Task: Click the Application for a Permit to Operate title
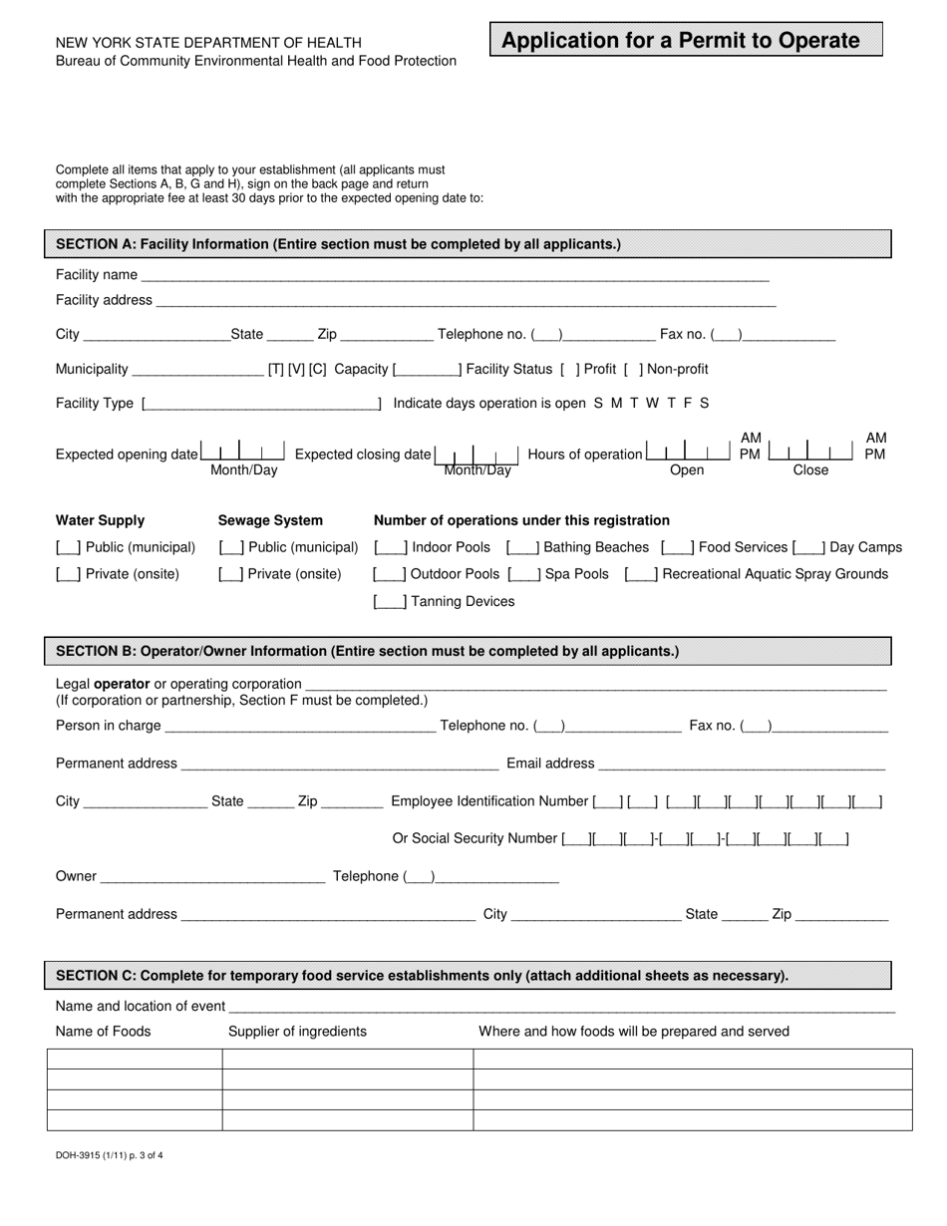point(681,41)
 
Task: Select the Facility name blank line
point(455,275)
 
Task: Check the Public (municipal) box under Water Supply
point(69,547)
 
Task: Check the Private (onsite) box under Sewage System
point(231,574)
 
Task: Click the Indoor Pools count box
point(390,547)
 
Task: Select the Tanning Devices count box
point(390,602)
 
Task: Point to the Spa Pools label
point(577,574)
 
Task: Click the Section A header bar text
point(338,244)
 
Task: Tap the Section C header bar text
point(422,976)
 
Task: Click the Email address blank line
point(742,765)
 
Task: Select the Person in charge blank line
point(300,727)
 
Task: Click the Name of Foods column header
point(104,1032)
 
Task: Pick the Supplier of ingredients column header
point(297,1032)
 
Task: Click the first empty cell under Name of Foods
point(135,1060)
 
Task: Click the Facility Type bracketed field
point(262,404)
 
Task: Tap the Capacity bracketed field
point(427,370)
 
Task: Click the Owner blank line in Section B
point(212,877)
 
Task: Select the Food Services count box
point(678,547)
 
